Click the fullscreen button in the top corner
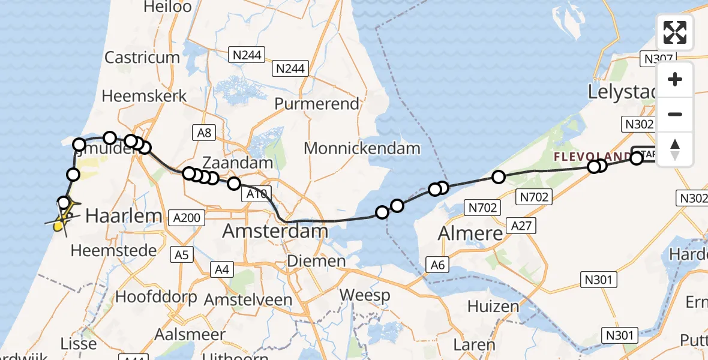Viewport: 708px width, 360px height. [x=675, y=32]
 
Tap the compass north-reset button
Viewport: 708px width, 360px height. [x=675, y=149]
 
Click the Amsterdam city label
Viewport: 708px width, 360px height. [x=275, y=231]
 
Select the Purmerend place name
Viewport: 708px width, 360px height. [x=317, y=103]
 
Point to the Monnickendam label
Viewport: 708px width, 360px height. [x=362, y=148]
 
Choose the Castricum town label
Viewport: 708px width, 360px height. [x=142, y=58]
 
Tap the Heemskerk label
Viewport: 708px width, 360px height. [x=144, y=96]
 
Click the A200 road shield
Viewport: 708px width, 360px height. [x=185, y=218]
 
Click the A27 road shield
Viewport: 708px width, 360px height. [x=521, y=226]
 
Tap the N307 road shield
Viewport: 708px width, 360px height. [x=657, y=58]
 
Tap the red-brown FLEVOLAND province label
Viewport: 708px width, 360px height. [x=591, y=157]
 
